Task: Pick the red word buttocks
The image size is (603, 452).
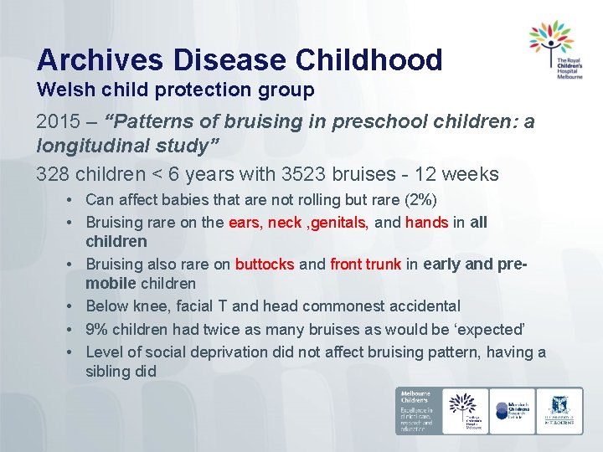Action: pyautogui.click(x=265, y=265)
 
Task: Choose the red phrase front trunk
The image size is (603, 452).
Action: pyautogui.click(x=365, y=265)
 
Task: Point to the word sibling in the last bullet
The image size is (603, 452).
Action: pyautogui.click(x=108, y=371)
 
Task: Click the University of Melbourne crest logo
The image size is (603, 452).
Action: pyautogui.click(x=559, y=410)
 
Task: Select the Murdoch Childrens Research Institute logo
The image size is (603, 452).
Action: pyautogui.click(x=513, y=410)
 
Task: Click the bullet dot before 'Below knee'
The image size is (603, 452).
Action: pyautogui.click(x=75, y=307)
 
